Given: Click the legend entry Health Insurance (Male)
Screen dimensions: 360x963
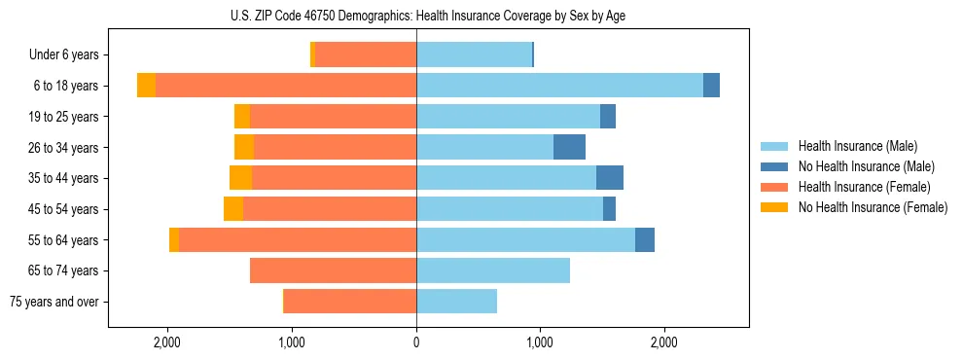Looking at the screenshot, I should click(x=857, y=146).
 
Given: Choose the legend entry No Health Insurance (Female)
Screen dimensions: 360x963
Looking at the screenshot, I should click(x=873, y=207).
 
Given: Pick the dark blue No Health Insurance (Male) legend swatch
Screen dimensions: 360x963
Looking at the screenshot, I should click(x=774, y=166).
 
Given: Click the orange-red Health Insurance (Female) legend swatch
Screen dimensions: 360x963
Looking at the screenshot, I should click(x=774, y=187).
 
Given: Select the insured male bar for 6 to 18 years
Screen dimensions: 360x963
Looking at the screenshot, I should click(x=559, y=86).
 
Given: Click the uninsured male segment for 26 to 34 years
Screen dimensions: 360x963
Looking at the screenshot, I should click(x=569, y=147).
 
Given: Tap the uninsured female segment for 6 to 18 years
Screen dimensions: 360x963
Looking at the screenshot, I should click(x=146, y=86).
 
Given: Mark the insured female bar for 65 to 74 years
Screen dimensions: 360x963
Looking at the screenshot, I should click(x=333, y=270).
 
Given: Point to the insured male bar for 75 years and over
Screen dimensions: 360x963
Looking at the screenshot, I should click(x=456, y=302).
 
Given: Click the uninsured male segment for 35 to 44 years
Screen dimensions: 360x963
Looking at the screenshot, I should click(x=610, y=178).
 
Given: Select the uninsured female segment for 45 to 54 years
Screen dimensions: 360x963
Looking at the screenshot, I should click(x=233, y=209).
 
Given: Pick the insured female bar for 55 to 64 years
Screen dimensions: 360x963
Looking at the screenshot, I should click(x=298, y=239).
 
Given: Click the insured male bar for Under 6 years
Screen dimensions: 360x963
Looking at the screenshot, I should click(x=474, y=55).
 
